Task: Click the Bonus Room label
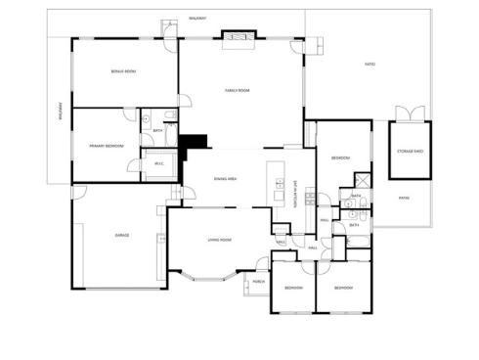(x=123, y=71)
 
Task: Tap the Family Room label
(x=239, y=90)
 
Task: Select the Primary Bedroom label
(x=107, y=146)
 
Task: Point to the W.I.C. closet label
(x=158, y=163)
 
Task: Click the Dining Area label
(x=228, y=178)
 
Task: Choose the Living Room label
(x=219, y=240)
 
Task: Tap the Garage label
(x=122, y=235)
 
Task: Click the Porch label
(x=258, y=281)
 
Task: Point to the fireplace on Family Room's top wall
(x=239, y=37)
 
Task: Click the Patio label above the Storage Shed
(x=370, y=65)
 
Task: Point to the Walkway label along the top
(x=197, y=18)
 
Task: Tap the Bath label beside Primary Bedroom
(x=157, y=130)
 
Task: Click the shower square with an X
(x=360, y=181)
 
